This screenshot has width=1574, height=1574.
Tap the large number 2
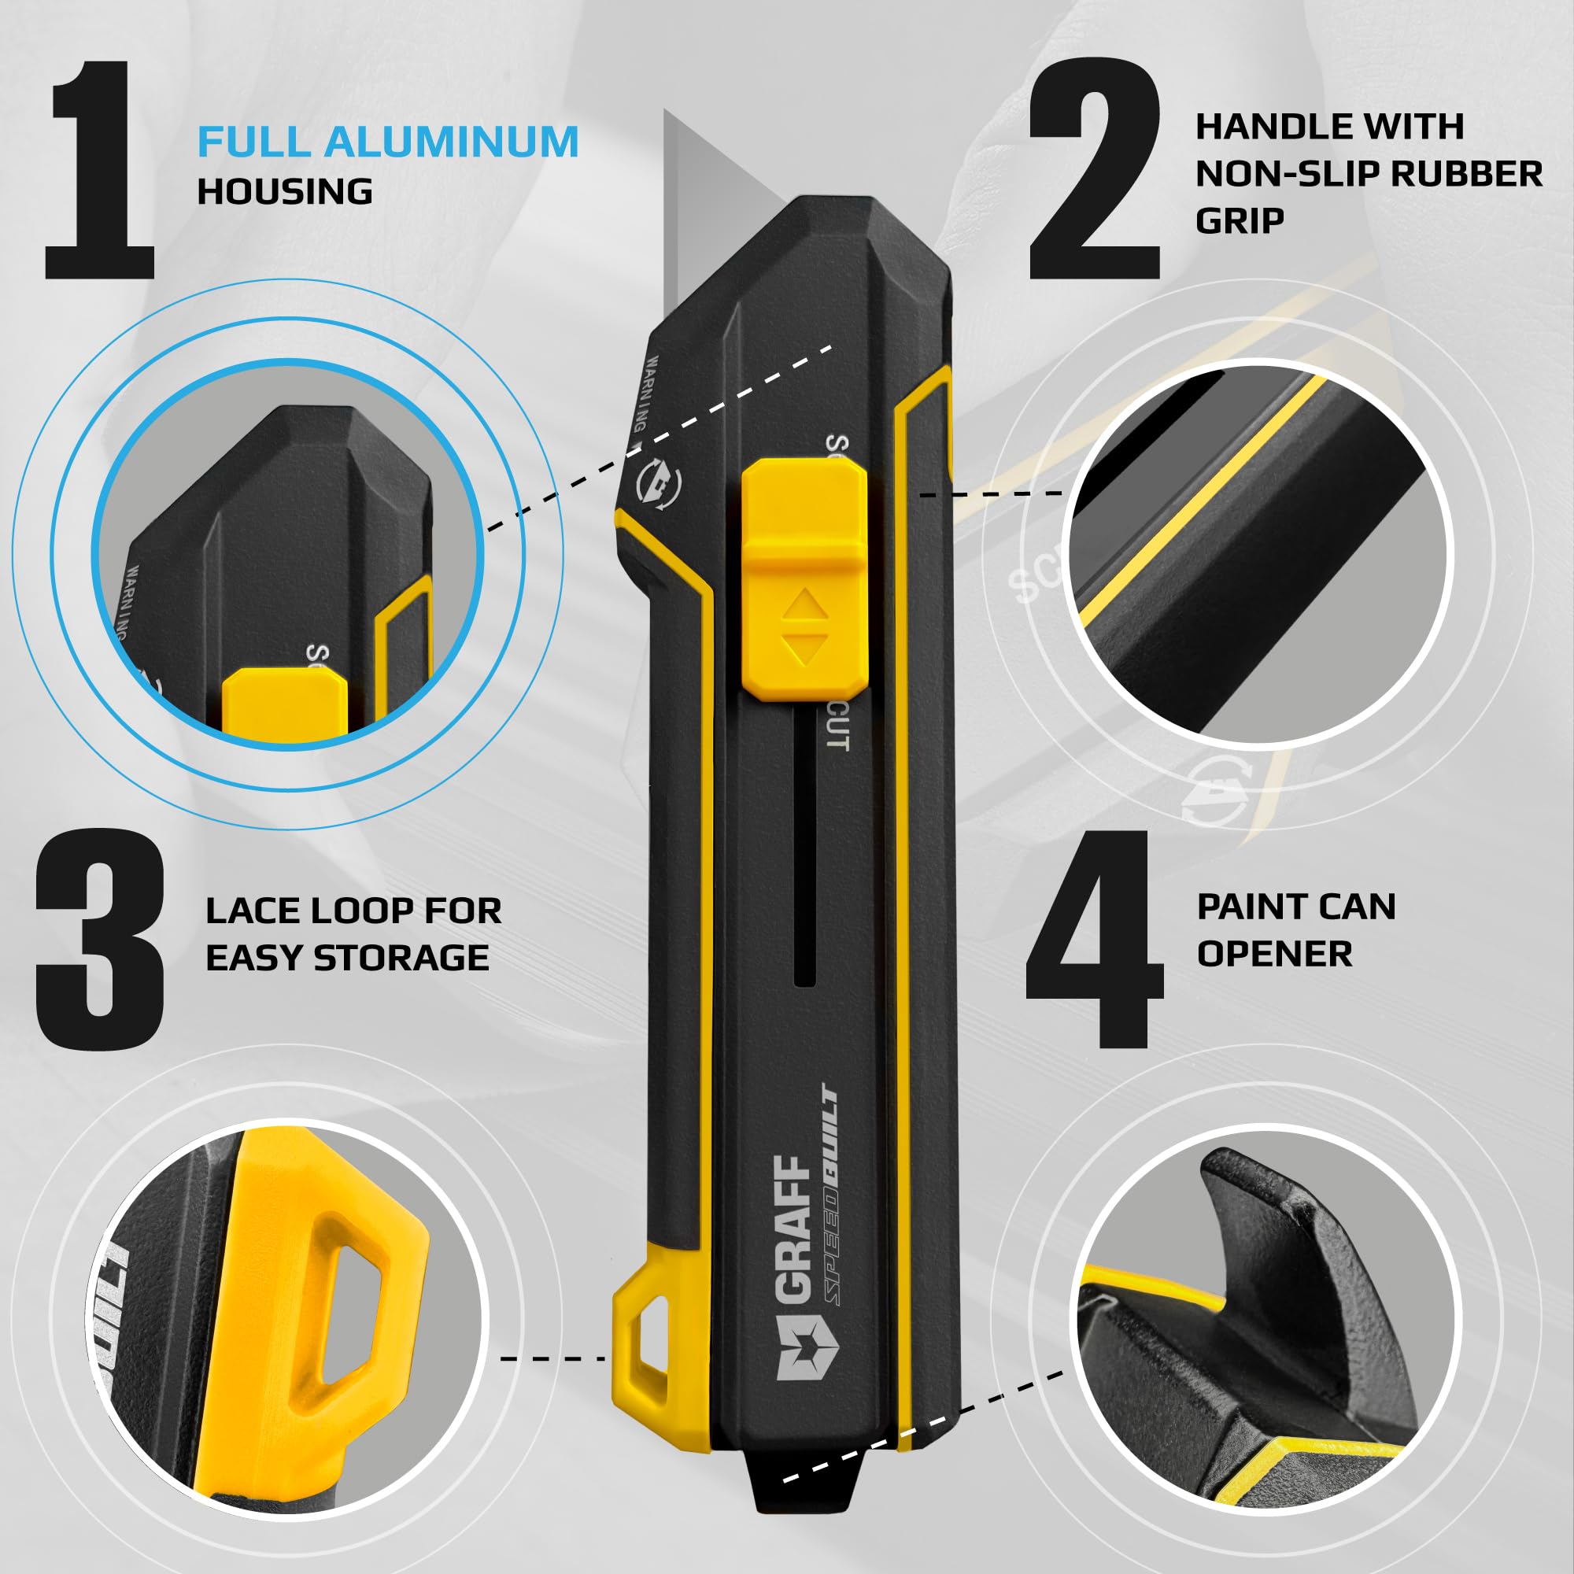click(1093, 171)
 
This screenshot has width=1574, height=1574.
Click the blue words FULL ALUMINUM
click(388, 142)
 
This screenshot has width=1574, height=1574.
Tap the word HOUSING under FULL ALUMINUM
click(285, 192)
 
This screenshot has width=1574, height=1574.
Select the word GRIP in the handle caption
click(1240, 221)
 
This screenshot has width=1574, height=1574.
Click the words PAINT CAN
click(1296, 907)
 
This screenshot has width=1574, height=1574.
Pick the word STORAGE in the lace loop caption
click(401, 958)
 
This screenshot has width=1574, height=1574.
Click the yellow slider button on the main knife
click(804, 578)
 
